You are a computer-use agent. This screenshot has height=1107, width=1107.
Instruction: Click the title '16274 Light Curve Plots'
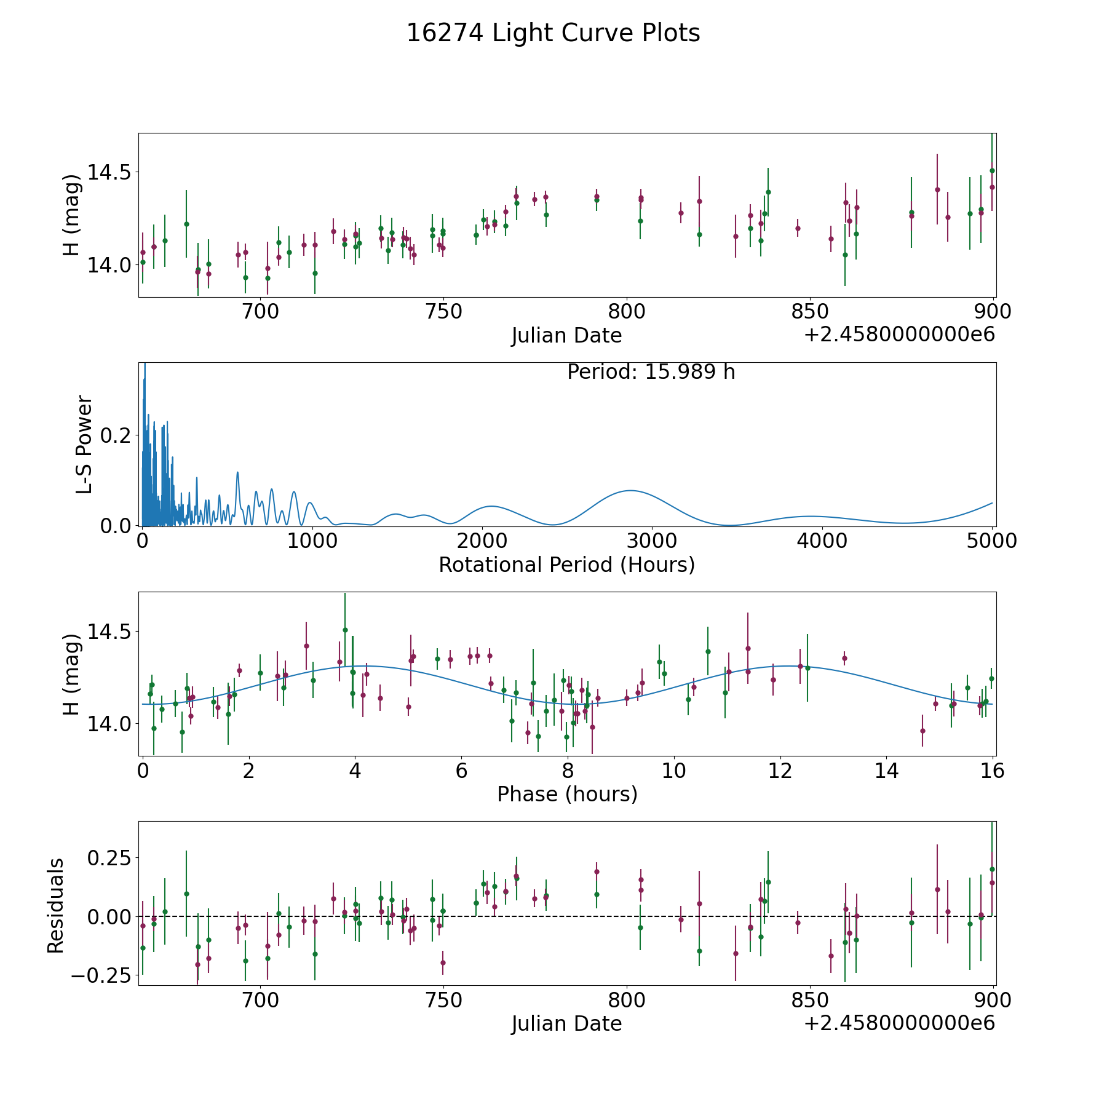[553, 34]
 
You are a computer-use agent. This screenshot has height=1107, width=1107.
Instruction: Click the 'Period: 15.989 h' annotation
[651, 372]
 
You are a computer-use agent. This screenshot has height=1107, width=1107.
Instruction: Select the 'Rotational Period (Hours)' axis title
[566, 565]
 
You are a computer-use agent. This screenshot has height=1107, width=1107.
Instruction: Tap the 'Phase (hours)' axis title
[567, 794]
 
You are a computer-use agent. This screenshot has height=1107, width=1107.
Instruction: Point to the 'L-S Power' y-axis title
[84, 444]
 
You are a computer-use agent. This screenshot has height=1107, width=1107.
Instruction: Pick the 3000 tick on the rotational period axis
[651, 541]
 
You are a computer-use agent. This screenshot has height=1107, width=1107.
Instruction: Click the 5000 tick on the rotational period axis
[991, 541]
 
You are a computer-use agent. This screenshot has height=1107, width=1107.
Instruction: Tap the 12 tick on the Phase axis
[780, 771]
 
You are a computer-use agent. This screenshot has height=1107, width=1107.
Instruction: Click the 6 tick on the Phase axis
[461, 771]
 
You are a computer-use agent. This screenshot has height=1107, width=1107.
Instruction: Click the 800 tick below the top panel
[626, 312]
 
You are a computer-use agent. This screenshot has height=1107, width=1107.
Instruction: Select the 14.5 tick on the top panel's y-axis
[109, 172]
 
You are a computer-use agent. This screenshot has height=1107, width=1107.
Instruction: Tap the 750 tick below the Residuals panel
[443, 1001]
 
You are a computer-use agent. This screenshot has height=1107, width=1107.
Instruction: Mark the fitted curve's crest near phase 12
[787, 665]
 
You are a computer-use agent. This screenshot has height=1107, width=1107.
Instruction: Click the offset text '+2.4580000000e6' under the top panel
[899, 335]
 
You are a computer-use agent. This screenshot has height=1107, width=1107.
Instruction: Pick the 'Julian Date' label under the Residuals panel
[566, 1023]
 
